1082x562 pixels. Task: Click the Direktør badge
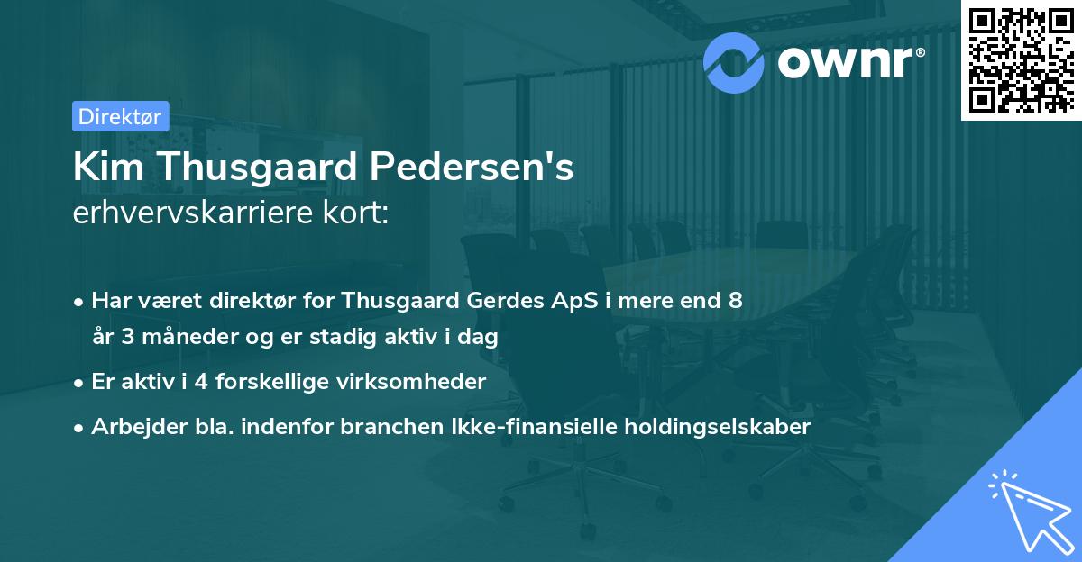(x=119, y=116)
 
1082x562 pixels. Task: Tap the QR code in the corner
(x=1020, y=59)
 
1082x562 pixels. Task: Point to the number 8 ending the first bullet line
(x=736, y=301)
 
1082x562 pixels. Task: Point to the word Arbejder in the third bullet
(x=130, y=427)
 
